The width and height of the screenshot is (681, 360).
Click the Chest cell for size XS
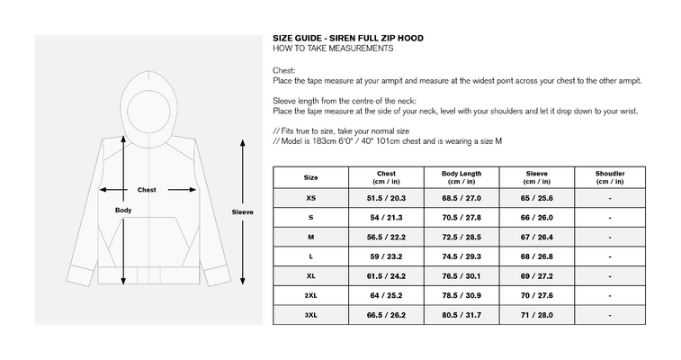386,198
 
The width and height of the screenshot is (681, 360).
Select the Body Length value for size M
461,237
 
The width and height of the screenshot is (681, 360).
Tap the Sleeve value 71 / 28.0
536,315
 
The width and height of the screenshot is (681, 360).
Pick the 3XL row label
310,315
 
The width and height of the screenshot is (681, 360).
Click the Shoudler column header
610,177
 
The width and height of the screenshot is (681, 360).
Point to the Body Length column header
461,177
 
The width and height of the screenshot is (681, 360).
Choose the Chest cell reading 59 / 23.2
386,256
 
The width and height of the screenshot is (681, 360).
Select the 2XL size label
310,296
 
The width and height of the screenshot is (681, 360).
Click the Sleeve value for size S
536,218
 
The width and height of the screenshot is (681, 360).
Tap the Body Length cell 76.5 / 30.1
461,276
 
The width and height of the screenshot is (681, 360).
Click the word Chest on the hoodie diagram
147,190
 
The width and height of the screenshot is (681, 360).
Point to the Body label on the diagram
123,211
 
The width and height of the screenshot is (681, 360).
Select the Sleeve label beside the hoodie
242,212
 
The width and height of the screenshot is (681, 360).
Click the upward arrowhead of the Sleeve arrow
243,142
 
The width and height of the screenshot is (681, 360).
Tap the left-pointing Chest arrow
113,190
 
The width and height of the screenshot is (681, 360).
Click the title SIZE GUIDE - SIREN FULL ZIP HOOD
348,38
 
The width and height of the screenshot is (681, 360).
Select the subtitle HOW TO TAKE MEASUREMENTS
333,49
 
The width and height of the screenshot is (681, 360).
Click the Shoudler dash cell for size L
610,257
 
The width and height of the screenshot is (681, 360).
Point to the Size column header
310,177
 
